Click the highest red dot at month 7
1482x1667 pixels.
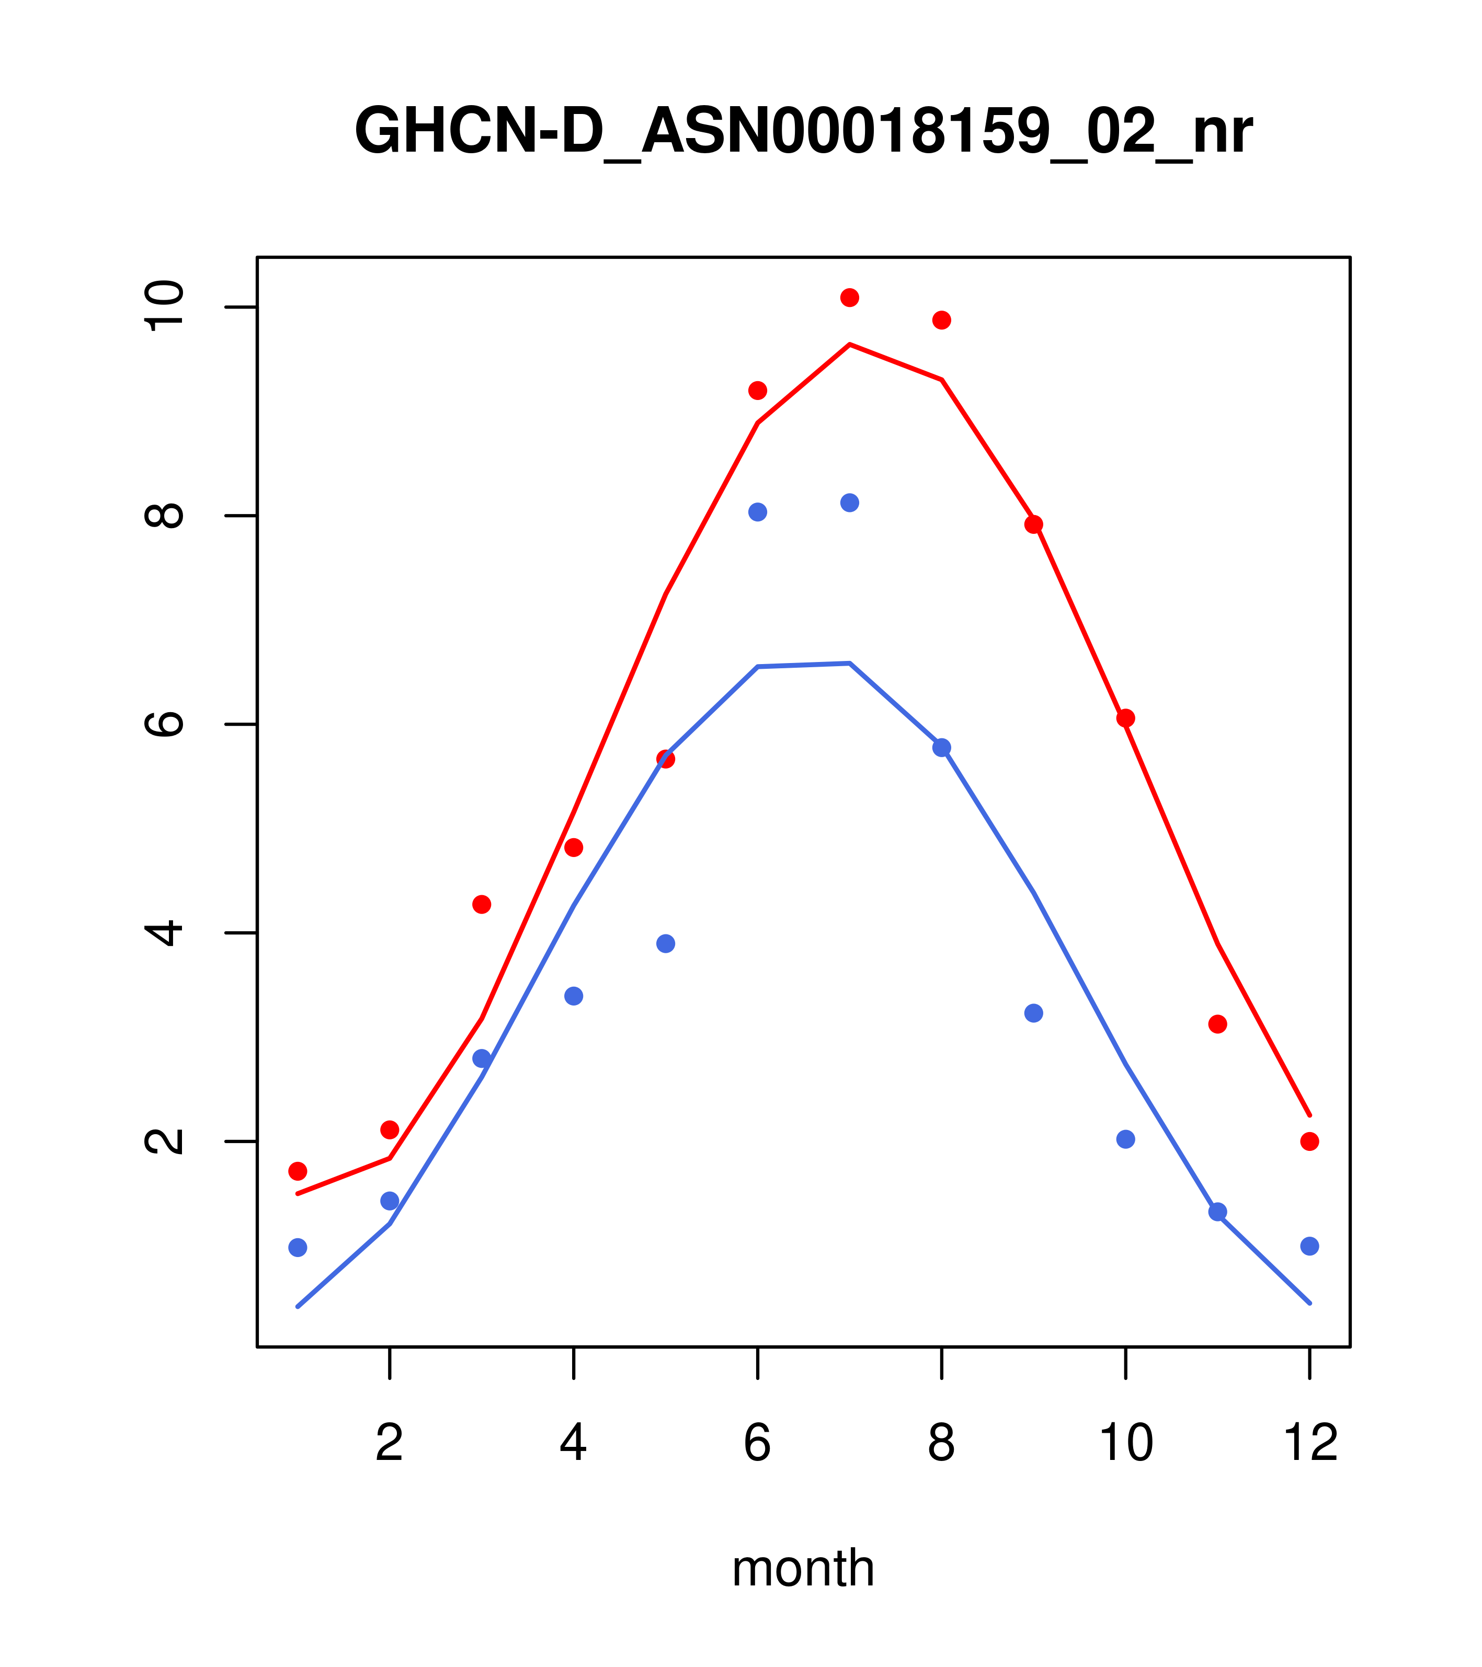click(x=850, y=298)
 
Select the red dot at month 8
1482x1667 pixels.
click(x=942, y=319)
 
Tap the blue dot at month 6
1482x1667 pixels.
click(x=758, y=512)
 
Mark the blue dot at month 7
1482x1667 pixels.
click(x=850, y=503)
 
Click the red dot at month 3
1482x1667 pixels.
click(x=482, y=905)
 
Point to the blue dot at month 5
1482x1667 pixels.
click(x=666, y=944)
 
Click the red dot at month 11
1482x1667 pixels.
click(x=1218, y=1024)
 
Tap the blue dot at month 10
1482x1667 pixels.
click(x=1125, y=1139)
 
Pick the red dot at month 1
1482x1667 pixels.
click(x=298, y=1171)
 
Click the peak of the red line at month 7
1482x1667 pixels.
click(x=850, y=344)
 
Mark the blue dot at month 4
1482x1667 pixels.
click(x=574, y=996)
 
